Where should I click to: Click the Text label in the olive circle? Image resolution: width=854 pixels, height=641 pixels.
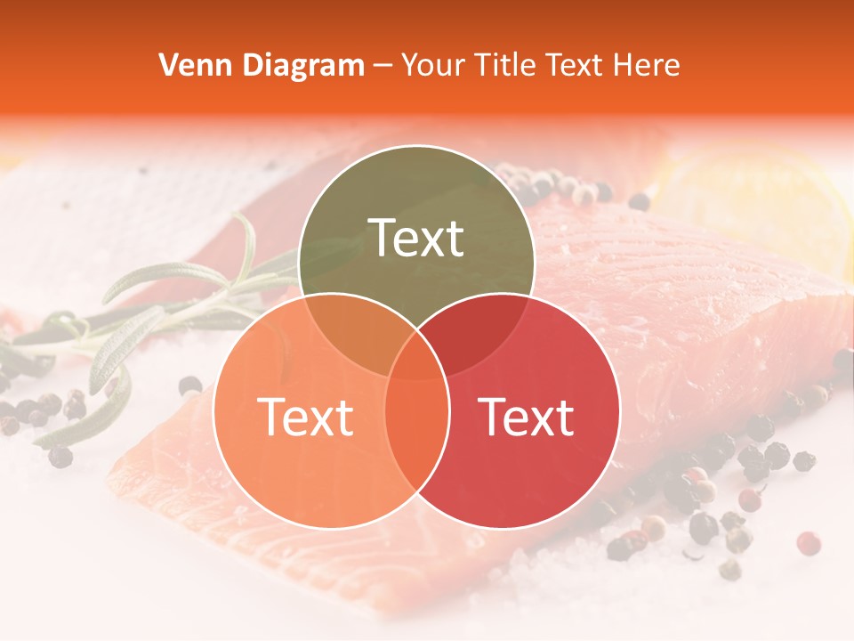(x=416, y=238)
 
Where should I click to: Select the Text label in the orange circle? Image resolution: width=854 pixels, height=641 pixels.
(x=305, y=417)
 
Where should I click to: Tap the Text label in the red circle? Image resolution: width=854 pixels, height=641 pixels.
(x=527, y=417)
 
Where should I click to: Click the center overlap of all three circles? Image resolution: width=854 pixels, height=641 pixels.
(x=416, y=356)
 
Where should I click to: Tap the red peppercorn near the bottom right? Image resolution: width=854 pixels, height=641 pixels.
(x=808, y=543)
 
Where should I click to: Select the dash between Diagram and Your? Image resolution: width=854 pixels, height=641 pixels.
(x=383, y=66)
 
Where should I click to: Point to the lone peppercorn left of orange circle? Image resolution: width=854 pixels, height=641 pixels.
(x=189, y=385)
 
